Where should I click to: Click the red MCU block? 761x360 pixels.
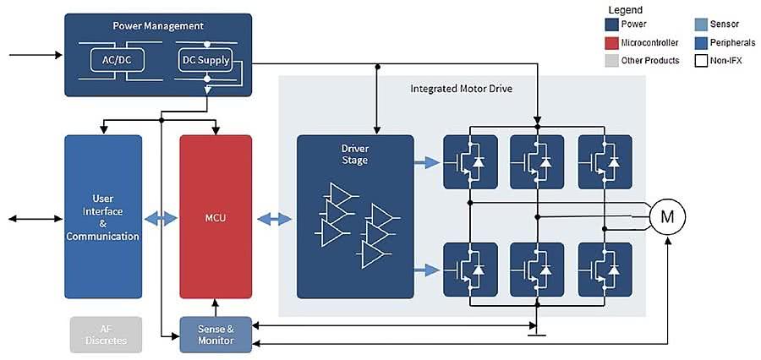(x=216, y=216)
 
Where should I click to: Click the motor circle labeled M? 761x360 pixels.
(x=667, y=217)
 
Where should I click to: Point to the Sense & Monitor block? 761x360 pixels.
(x=216, y=335)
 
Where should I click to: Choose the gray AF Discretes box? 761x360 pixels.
(x=106, y=335)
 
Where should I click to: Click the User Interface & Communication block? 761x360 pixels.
(x=103, y=216)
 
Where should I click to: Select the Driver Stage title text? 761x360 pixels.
(x=355, y=155)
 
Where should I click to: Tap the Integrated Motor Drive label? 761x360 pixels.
(x=462, y=88)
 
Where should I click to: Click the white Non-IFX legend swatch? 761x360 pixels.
(x=701, y=61)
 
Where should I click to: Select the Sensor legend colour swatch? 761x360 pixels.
(x=701, y=25)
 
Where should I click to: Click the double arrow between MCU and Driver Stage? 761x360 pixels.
(x=274, y=219)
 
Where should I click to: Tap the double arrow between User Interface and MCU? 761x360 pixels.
(x=161, y=219)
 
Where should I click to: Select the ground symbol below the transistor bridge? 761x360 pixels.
(x=534, y=334)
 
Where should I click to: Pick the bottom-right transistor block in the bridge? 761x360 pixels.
(x=605, y=269)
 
